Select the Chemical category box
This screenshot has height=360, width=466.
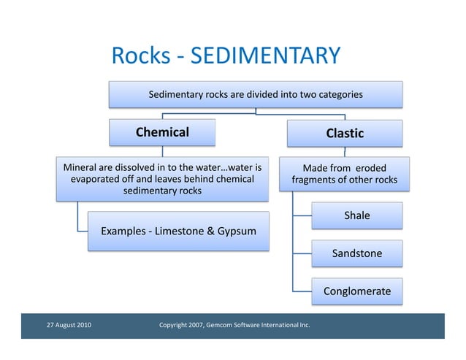162,132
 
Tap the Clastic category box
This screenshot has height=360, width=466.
345,134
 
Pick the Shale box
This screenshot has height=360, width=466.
356,215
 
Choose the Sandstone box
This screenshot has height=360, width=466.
356,253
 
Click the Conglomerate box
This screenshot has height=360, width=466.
356,291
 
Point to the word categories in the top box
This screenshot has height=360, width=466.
337,94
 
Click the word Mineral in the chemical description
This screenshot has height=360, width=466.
82,166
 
